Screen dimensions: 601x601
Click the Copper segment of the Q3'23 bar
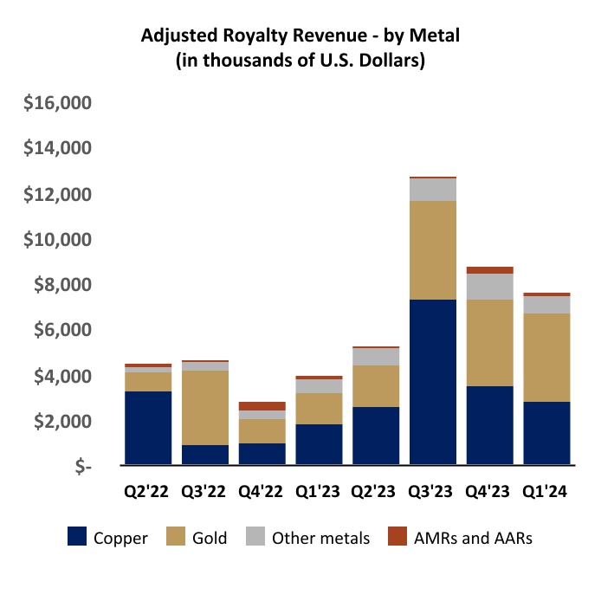click(x=433, y=382)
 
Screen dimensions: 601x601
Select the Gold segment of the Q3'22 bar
click(x=205, y=408)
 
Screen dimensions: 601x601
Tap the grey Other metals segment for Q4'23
click(x=489, y=286)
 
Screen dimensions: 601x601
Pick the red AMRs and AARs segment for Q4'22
click(x=262, y=406)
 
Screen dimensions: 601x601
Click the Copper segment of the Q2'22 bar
click(x=148, y=428)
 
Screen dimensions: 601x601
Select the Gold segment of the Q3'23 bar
click(x=433, y=250)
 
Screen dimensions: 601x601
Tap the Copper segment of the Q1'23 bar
click(x=319, y=444)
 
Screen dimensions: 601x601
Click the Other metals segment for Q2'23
click(x=376, y=357)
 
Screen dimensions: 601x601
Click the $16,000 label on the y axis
click(x=57, y=104)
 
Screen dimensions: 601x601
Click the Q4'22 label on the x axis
click(x=262, y=491)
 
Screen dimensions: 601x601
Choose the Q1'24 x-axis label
click(x=546, y=491)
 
